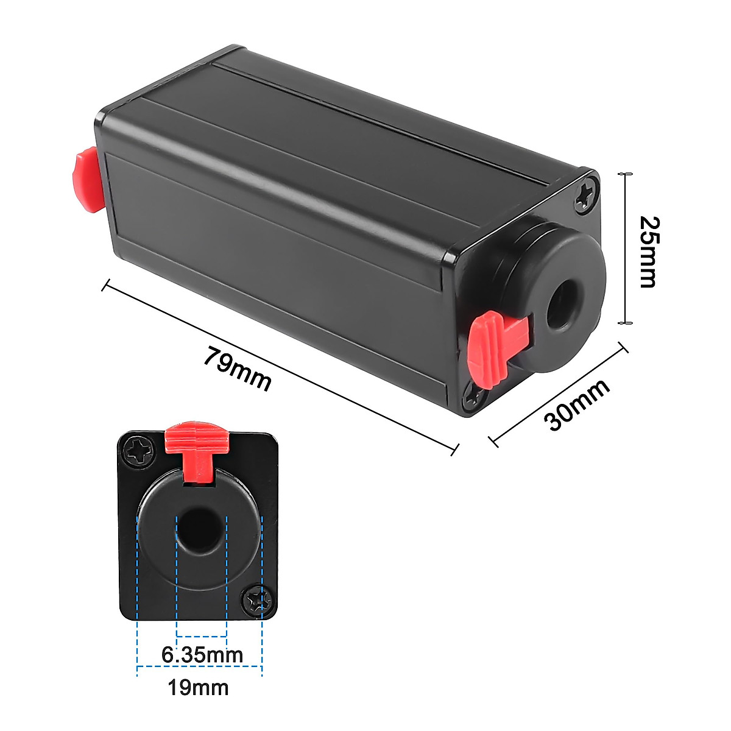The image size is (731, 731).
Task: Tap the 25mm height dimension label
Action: pyautogui.click(x=647, y=252)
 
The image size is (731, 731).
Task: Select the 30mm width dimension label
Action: pyautogui.click(x=577, y=406)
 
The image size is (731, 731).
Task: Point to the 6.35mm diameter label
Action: pyautogui.click(x=202, y=655)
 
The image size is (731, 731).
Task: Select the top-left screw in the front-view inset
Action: pyautogui.click(x=137, y=453)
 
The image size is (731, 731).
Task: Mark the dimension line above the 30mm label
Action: pyautogui.click(x=558, y=394)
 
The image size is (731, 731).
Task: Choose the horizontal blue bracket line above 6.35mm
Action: pyautogui.click(x=201, y=637)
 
